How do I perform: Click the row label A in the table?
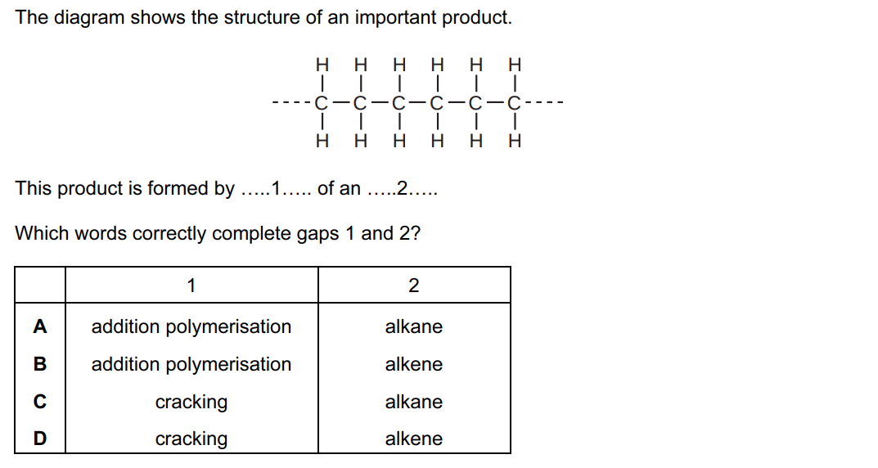click(x=39, y=326)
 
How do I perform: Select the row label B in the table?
click(x=39, y=364)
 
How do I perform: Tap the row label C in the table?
click(x=39, y=402)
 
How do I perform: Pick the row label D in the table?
click(x=39, y=439)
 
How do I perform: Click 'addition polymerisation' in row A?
click(x=191, y=326)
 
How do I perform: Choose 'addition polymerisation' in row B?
click(x=191, y=364)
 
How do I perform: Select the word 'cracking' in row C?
click(x=191, y=402)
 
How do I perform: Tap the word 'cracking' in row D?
click(x=191, y=439)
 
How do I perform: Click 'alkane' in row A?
click(x=413, y=326)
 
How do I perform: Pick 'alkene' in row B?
click(x=413, y=364)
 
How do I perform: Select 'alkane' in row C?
click(x=413, y=402)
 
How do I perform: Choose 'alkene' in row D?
click(x=413, y=439)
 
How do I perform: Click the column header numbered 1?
click(x=191, y=286)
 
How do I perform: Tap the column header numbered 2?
click(x=413, y=286)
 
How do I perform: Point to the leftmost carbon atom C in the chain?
click(x=322, y=102)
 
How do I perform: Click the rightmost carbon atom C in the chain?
click(x=514, y=102)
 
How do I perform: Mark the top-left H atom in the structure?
click(x=322, y=64)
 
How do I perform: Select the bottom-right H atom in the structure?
click(x=514, y=141)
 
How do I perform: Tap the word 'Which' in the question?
click(x=40, y=233)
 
